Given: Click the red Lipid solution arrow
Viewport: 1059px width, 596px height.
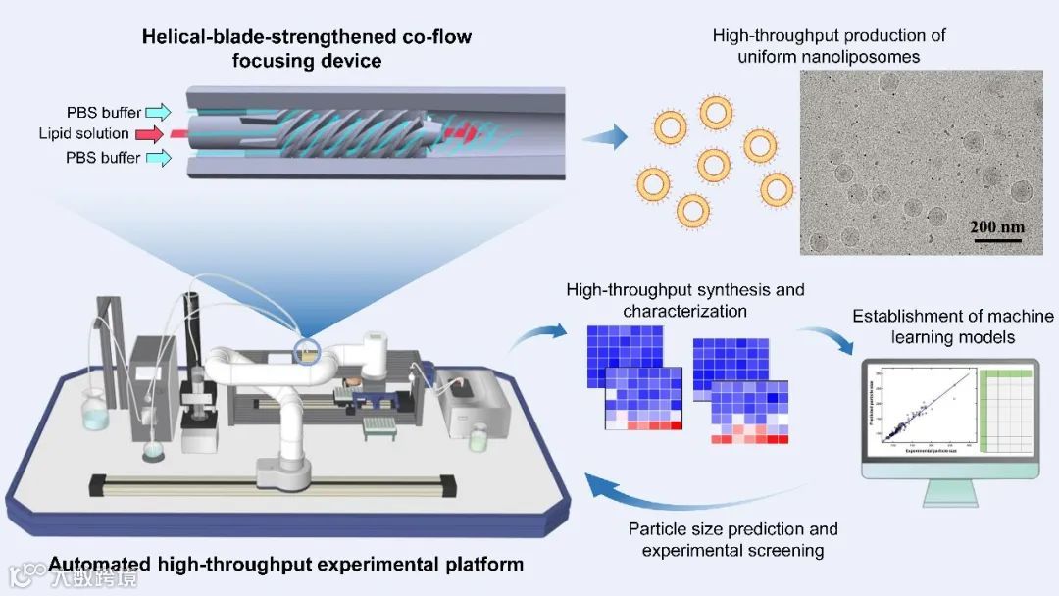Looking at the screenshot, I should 152,133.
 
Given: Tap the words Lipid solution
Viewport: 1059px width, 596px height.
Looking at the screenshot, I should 83,133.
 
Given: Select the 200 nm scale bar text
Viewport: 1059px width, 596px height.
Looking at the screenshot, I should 997,227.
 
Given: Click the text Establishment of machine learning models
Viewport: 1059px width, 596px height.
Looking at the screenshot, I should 952,326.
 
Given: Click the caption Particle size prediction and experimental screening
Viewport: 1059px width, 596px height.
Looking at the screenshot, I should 732,540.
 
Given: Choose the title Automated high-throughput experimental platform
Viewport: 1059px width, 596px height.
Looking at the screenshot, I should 285,565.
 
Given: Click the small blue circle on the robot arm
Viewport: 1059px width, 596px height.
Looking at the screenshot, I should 308,350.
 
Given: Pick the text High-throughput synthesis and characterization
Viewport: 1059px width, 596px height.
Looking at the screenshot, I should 684,300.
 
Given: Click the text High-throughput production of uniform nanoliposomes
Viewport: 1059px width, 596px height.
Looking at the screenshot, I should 829,46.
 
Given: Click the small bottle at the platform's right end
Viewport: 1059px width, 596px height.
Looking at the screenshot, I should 478,438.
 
